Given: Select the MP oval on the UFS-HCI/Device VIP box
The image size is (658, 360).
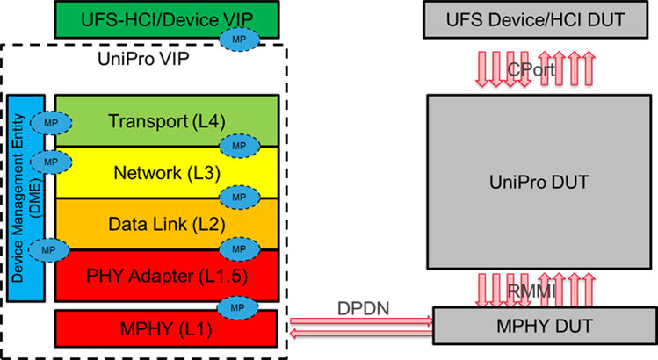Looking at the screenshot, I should click(x=237, y=39).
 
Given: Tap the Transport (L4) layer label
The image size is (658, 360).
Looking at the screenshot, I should click(x=157, y=121).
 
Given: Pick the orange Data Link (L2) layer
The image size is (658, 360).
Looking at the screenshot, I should click(x=157, y=224).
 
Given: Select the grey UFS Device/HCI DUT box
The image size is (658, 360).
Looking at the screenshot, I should click(x=536, y=19).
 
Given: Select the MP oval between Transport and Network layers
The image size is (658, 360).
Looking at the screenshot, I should click(x=237, y=146).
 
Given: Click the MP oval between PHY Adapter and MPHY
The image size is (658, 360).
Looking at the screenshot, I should click(x=237, y=307).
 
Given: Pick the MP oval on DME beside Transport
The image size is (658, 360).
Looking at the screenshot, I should click(x=50, y=123).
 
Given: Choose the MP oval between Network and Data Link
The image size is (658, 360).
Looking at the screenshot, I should click(x=237, y=197).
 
